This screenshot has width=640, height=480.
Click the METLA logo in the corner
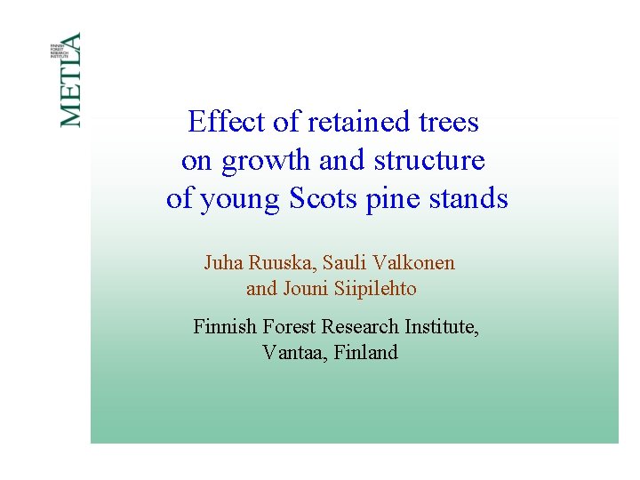pos(70,79)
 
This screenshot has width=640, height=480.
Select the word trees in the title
pos(447,122)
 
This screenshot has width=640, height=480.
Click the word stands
pos(469,199)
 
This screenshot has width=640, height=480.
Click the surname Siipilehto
pos(376,289)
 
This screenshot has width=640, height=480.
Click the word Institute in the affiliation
pos(442,327)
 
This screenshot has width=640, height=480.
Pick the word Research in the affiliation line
pos(361,327)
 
